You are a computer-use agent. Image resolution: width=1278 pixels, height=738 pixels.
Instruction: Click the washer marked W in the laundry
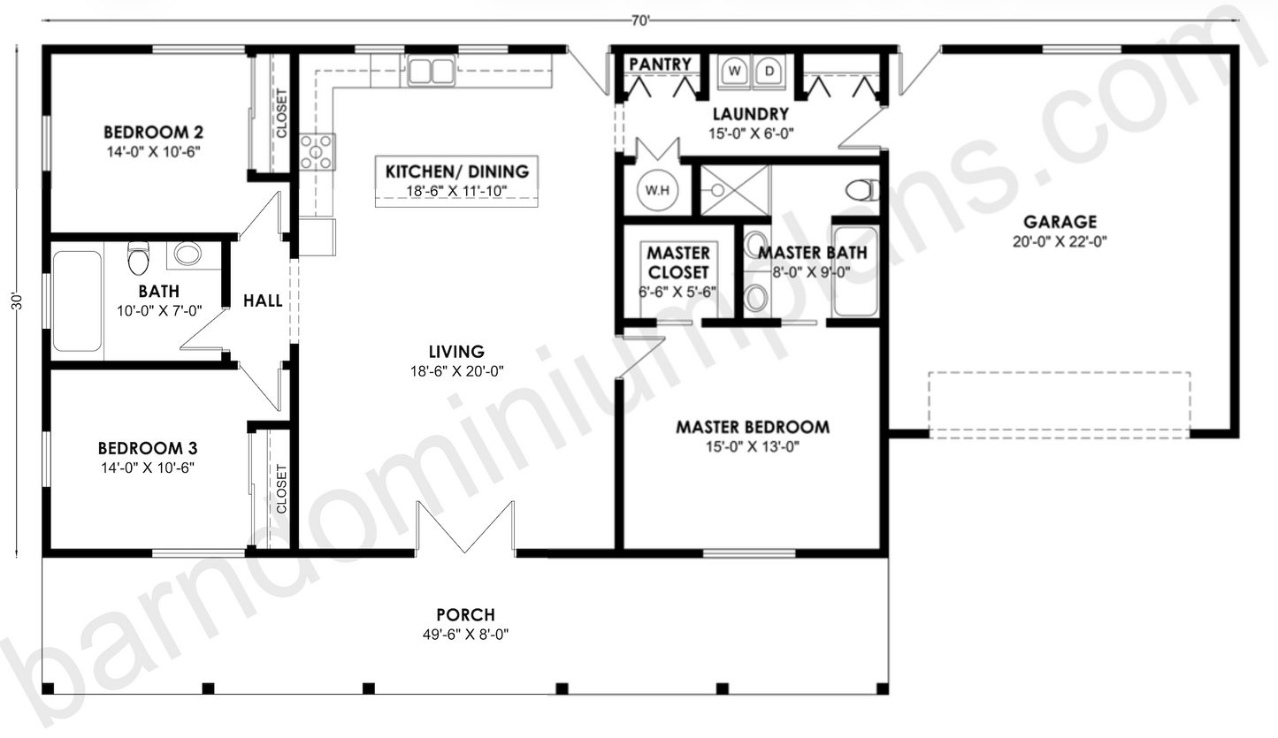735,70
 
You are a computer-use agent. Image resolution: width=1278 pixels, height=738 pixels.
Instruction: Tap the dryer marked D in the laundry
770,70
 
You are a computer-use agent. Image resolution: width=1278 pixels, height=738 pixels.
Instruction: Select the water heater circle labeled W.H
655,189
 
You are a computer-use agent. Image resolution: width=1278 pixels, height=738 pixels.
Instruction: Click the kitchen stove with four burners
317,151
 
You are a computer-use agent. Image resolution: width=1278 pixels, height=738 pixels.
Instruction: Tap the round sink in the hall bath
187,255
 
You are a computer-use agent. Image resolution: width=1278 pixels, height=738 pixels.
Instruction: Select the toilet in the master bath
862,190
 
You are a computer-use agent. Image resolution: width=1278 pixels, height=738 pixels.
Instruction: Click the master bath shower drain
717,189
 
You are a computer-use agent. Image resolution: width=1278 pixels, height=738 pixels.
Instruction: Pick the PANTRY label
660,65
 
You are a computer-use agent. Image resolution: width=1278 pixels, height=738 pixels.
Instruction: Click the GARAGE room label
1060,222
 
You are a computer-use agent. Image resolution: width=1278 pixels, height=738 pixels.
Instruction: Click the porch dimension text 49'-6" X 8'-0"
466,634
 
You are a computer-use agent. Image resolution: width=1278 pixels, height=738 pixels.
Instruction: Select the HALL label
263,301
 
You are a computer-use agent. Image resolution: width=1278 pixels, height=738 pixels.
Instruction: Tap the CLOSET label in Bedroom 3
281,490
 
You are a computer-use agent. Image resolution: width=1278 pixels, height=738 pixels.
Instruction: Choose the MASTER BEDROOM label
753,427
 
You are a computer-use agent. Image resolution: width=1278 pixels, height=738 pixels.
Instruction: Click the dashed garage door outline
1059,405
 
